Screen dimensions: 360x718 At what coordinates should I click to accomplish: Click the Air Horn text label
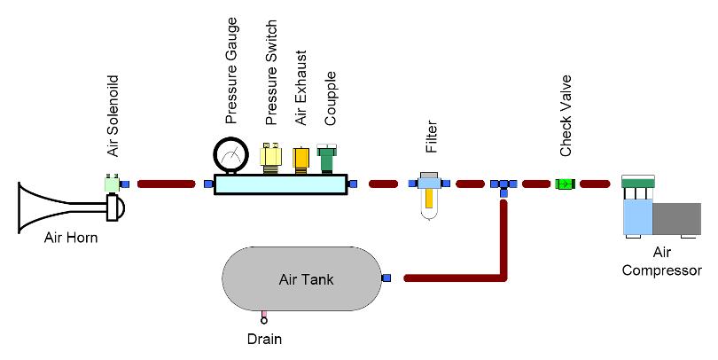pyautogui.click(x=71, y=237)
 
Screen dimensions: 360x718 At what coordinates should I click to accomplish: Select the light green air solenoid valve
pyautogui.click(x=112, y=184)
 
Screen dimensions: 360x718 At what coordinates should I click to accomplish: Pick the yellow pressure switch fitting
pyautogui.click(x=270, y=158)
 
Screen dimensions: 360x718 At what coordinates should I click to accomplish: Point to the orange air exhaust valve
pyautogui.click(x=300, y=160)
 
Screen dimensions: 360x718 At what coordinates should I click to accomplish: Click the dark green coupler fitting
pyautogui.click(x=325, y=159)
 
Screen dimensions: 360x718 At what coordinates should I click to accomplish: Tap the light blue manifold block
pyautogui.click(x=279, y=184)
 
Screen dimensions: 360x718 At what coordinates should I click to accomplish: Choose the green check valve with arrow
pyautogui.click(x=563, y=184)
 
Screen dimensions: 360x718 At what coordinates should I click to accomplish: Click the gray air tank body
pyautogui.click(x=302, y=278)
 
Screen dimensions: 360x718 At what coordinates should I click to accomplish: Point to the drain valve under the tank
pyautogui.click(x=263, y=317)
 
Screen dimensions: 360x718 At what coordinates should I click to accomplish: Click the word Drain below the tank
pyautogui.click(x=264, y=338)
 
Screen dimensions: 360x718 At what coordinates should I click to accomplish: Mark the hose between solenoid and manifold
pyautogui.click(x=166, y=184)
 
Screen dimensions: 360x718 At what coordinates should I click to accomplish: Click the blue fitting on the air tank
pyautogui.click(x=386, y=278)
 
